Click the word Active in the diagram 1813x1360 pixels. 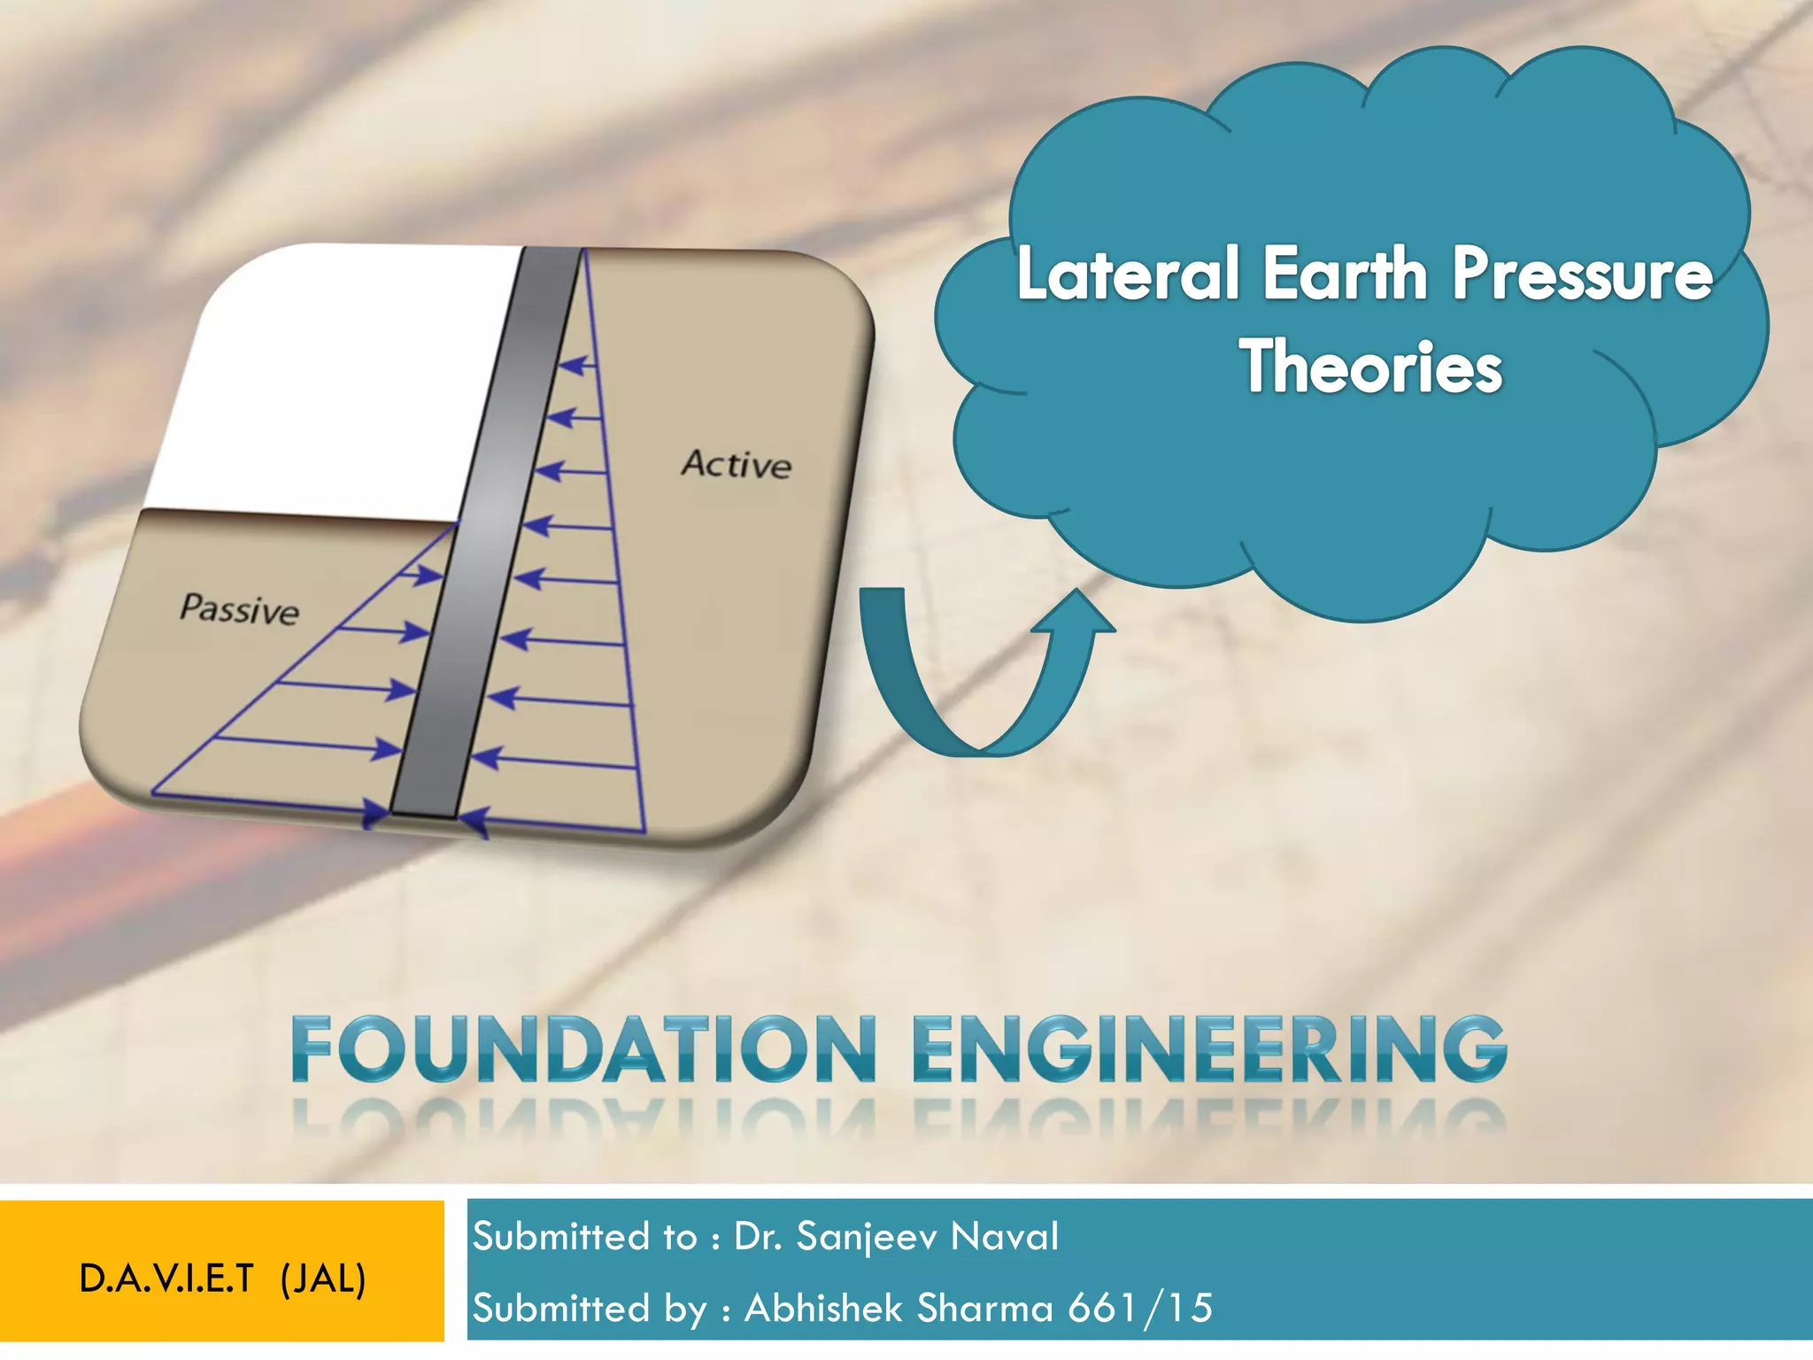tap(736, 464)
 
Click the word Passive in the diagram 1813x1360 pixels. tap(239, 609)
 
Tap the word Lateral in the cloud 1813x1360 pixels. tap(1128, 274)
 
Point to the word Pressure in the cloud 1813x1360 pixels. tap(1581, 274)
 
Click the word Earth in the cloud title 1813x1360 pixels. tap(1345, 274)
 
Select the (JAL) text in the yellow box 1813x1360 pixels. tap(323, 1279)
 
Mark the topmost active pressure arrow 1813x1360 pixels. tap(578, 364)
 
